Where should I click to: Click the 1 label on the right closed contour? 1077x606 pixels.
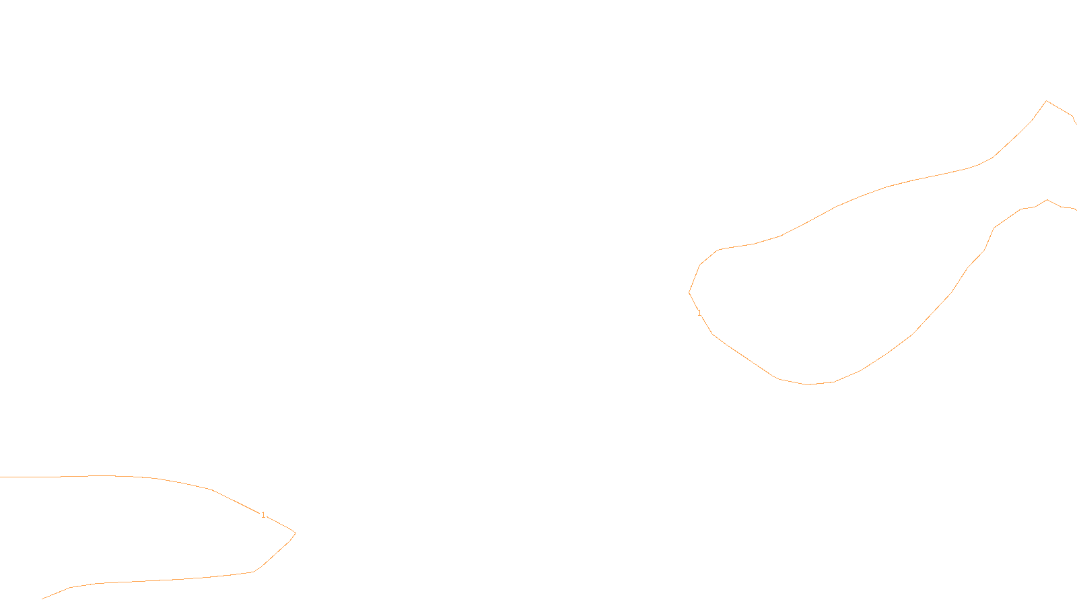tap(699, 313)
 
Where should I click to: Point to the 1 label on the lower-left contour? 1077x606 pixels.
tap(263, 515)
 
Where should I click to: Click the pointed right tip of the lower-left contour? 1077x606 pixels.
tap(295, 533)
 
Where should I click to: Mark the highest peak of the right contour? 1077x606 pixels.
tap(1046, 101)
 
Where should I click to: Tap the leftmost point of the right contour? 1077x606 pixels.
tap(689, 292)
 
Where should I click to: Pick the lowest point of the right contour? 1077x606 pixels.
tap(808, 384)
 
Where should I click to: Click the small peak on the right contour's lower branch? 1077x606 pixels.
tap(1047, 199)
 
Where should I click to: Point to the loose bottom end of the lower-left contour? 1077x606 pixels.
tap(42, 599)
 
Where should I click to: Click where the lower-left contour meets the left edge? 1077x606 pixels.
tap(1, 477)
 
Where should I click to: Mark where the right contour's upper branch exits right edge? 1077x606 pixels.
tap(1076, 123)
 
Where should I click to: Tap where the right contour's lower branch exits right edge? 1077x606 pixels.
tap(1076, 209)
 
